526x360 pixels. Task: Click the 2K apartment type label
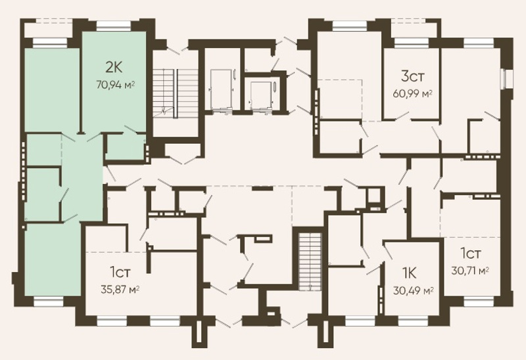(x=114, y=68)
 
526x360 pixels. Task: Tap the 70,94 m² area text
(x=116, y=84)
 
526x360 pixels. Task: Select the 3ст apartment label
(x=412, y=76)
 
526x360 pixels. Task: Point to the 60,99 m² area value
(x=412, y=93)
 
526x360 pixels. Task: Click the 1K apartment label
(x=409, y=273)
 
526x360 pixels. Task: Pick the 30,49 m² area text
(x=414, y=290)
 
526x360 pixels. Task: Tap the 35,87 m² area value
(x=120, y=289)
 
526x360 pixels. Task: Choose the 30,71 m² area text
(x=469, y=270)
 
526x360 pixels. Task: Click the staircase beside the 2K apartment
(x=176, y=93)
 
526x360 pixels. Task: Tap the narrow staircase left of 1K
(x=310, y=262)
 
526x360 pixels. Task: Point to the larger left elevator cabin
(x=221, y=89)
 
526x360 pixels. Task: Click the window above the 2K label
(x=114, y=25)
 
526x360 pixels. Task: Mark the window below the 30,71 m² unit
(x=480, y=303)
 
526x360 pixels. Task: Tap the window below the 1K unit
(x=414, y=321)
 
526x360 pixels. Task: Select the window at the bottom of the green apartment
(x=49, y=302)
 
